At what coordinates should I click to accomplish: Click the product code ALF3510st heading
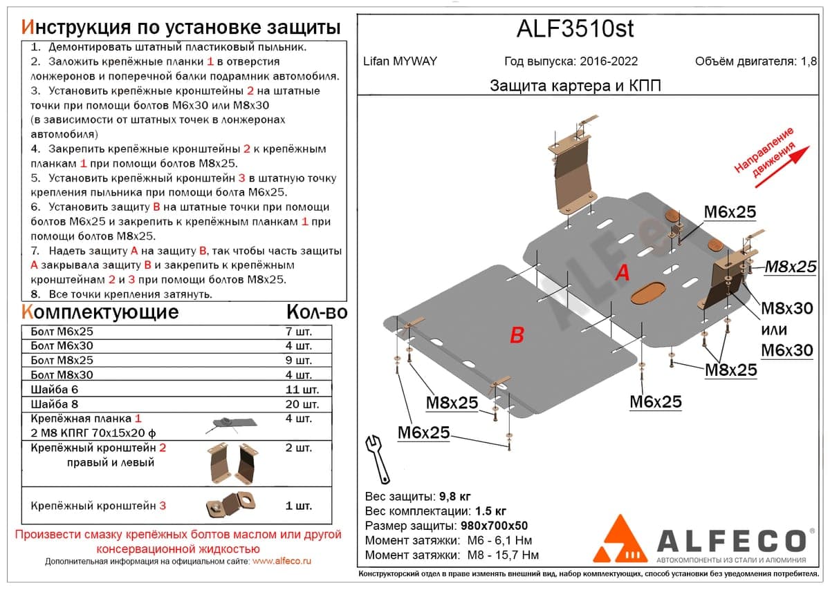click(575, 28)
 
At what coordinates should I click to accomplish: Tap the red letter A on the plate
click(622, 273)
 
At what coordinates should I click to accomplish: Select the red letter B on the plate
click(517, 334)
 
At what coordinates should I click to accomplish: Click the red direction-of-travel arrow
click(782, 166)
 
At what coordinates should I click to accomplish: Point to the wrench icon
click(378, 459)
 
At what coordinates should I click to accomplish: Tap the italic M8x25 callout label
click(791, 267)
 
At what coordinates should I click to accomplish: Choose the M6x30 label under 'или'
click(787, 350)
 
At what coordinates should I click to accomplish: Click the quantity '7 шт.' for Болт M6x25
click(299, 332)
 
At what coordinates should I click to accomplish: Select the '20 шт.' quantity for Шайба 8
click(302, 404)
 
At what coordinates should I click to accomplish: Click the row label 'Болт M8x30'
click(62, 375)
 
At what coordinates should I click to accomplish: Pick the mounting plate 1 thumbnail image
click(231, 424)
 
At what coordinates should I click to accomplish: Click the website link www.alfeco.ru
click(282, 561)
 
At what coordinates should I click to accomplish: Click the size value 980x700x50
click(494, 526)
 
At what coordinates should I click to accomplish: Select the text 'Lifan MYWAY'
click(400, 61)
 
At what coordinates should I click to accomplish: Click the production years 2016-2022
click(609, 61)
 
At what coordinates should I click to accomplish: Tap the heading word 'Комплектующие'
click(100, 312)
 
